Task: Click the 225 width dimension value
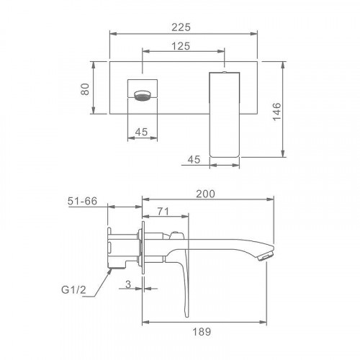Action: [181, 27]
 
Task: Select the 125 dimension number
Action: [181, 46]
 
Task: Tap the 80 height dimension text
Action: [85, 89]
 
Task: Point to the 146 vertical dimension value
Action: [277, 112]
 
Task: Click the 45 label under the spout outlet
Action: [141, 132]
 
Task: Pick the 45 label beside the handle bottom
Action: [194, 160]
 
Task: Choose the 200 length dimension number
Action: [205, 194]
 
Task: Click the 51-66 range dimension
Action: [82, 201]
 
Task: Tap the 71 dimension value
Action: [163, 212]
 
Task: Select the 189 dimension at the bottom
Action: [202, 332]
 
